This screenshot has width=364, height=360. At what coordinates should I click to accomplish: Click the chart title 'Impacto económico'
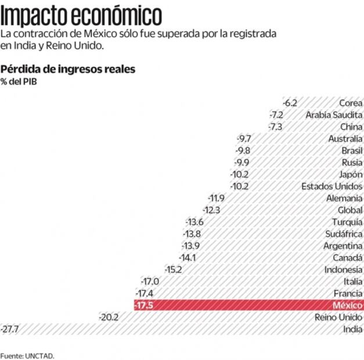[81, 13]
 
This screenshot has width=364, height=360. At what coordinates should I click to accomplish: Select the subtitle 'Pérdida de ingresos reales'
[68, 69]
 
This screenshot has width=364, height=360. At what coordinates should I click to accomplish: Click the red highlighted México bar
[244, 305]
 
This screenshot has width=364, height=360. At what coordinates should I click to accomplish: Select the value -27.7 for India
[10, 329]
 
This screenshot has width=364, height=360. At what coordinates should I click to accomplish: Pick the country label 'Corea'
[351, 103]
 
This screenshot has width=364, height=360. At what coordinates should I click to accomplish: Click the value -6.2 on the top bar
[290, 103]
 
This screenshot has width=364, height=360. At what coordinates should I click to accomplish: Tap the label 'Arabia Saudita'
[334, 115]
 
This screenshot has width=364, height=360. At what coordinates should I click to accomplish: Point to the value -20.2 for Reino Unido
[109, 317]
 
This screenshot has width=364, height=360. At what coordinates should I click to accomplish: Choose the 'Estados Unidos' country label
[332, 186]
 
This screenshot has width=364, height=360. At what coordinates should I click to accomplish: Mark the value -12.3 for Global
[211, 210]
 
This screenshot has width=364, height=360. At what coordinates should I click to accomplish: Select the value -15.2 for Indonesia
[173, 269]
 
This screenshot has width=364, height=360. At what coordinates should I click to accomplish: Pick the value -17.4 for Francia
[145, 293]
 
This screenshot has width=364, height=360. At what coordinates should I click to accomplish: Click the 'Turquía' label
[347, 222]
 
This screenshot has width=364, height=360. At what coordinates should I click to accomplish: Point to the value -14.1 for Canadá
[187, 258]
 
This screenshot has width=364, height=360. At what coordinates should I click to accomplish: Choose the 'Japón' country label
[351, 174]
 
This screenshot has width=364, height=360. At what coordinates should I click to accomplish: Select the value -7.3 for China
[276, 127]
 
